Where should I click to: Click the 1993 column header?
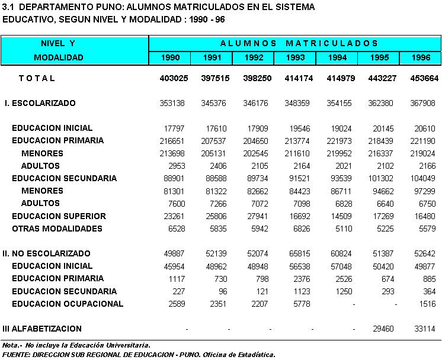click(x=296, y=57)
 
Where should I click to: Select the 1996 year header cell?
click(x=420, y=57)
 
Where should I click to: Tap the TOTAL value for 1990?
click(x=173, y=78)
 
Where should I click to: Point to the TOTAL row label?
click(x=37, y=78)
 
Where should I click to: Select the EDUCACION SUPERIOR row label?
click(x=59, y=216)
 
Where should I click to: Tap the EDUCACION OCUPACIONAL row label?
click(x=68, y=304)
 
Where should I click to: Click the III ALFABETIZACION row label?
click(x=42, y=329)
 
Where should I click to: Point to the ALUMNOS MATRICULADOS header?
click(x=299, y=43)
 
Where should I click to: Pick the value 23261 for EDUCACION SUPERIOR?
click(x=173, y=216)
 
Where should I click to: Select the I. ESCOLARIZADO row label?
click(x=40, y=103)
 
